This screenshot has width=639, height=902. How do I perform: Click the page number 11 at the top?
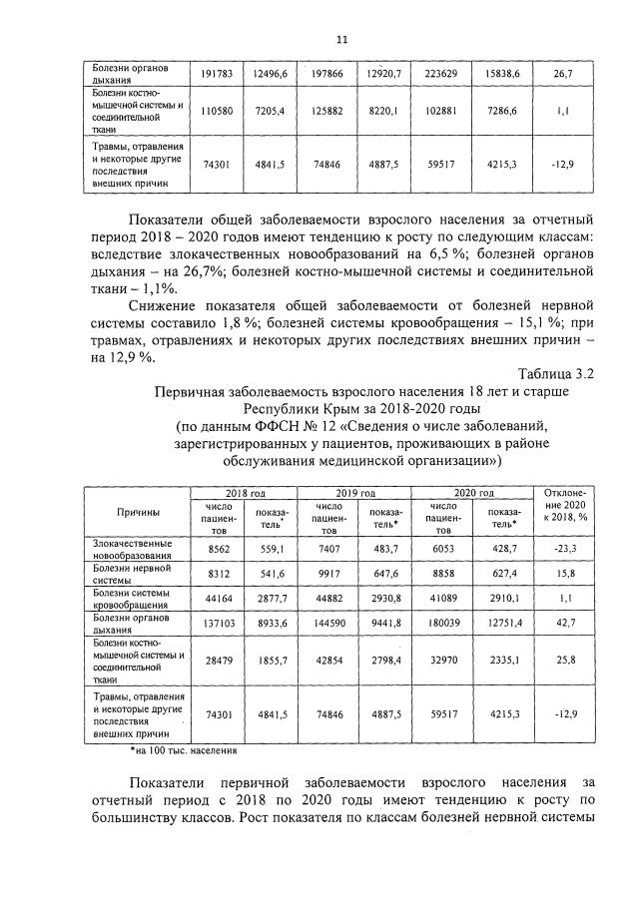341,40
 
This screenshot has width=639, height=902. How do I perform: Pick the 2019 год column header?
354,492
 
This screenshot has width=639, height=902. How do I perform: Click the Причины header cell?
137,512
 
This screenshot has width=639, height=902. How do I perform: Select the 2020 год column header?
472,492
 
